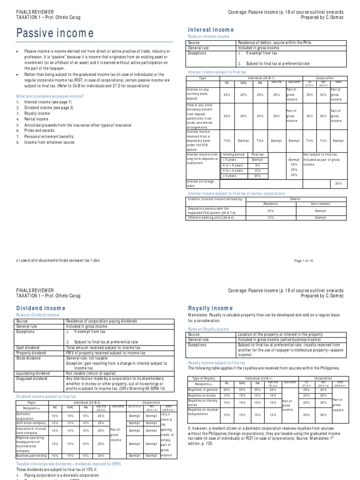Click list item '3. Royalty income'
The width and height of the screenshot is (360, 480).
point(36,113)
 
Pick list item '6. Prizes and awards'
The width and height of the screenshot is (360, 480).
point(39,130)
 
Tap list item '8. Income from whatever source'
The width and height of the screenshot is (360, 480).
point(48,141)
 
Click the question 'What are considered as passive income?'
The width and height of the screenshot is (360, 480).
point(50,96)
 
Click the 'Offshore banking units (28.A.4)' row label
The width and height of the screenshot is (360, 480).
point(211,217)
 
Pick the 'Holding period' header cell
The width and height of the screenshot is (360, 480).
point(232,154)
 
